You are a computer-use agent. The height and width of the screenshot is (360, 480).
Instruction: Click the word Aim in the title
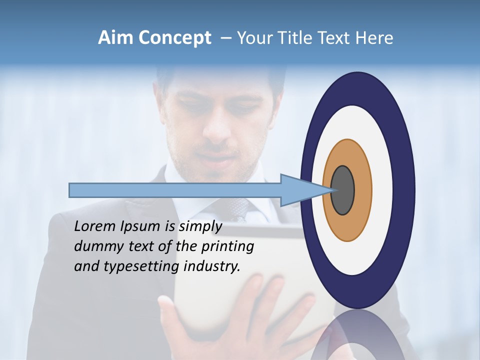click(116, 38)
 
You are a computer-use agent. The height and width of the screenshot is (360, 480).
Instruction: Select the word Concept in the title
click(174, 38)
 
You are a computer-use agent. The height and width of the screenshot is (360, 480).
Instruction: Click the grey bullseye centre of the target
click(343, 190)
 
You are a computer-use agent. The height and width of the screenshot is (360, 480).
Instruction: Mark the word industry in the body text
click(212, 266)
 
